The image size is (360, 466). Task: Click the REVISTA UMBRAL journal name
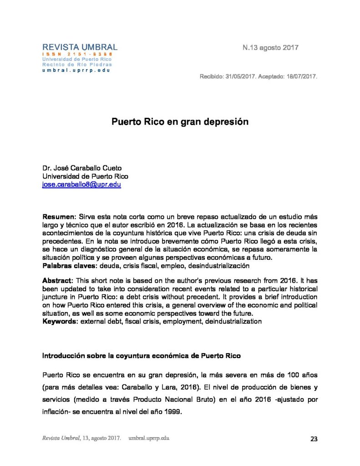point(80,47)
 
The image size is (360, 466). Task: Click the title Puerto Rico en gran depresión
point(180,122)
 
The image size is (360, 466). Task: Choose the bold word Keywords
point(60,321)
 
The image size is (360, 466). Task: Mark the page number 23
point(314,439)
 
